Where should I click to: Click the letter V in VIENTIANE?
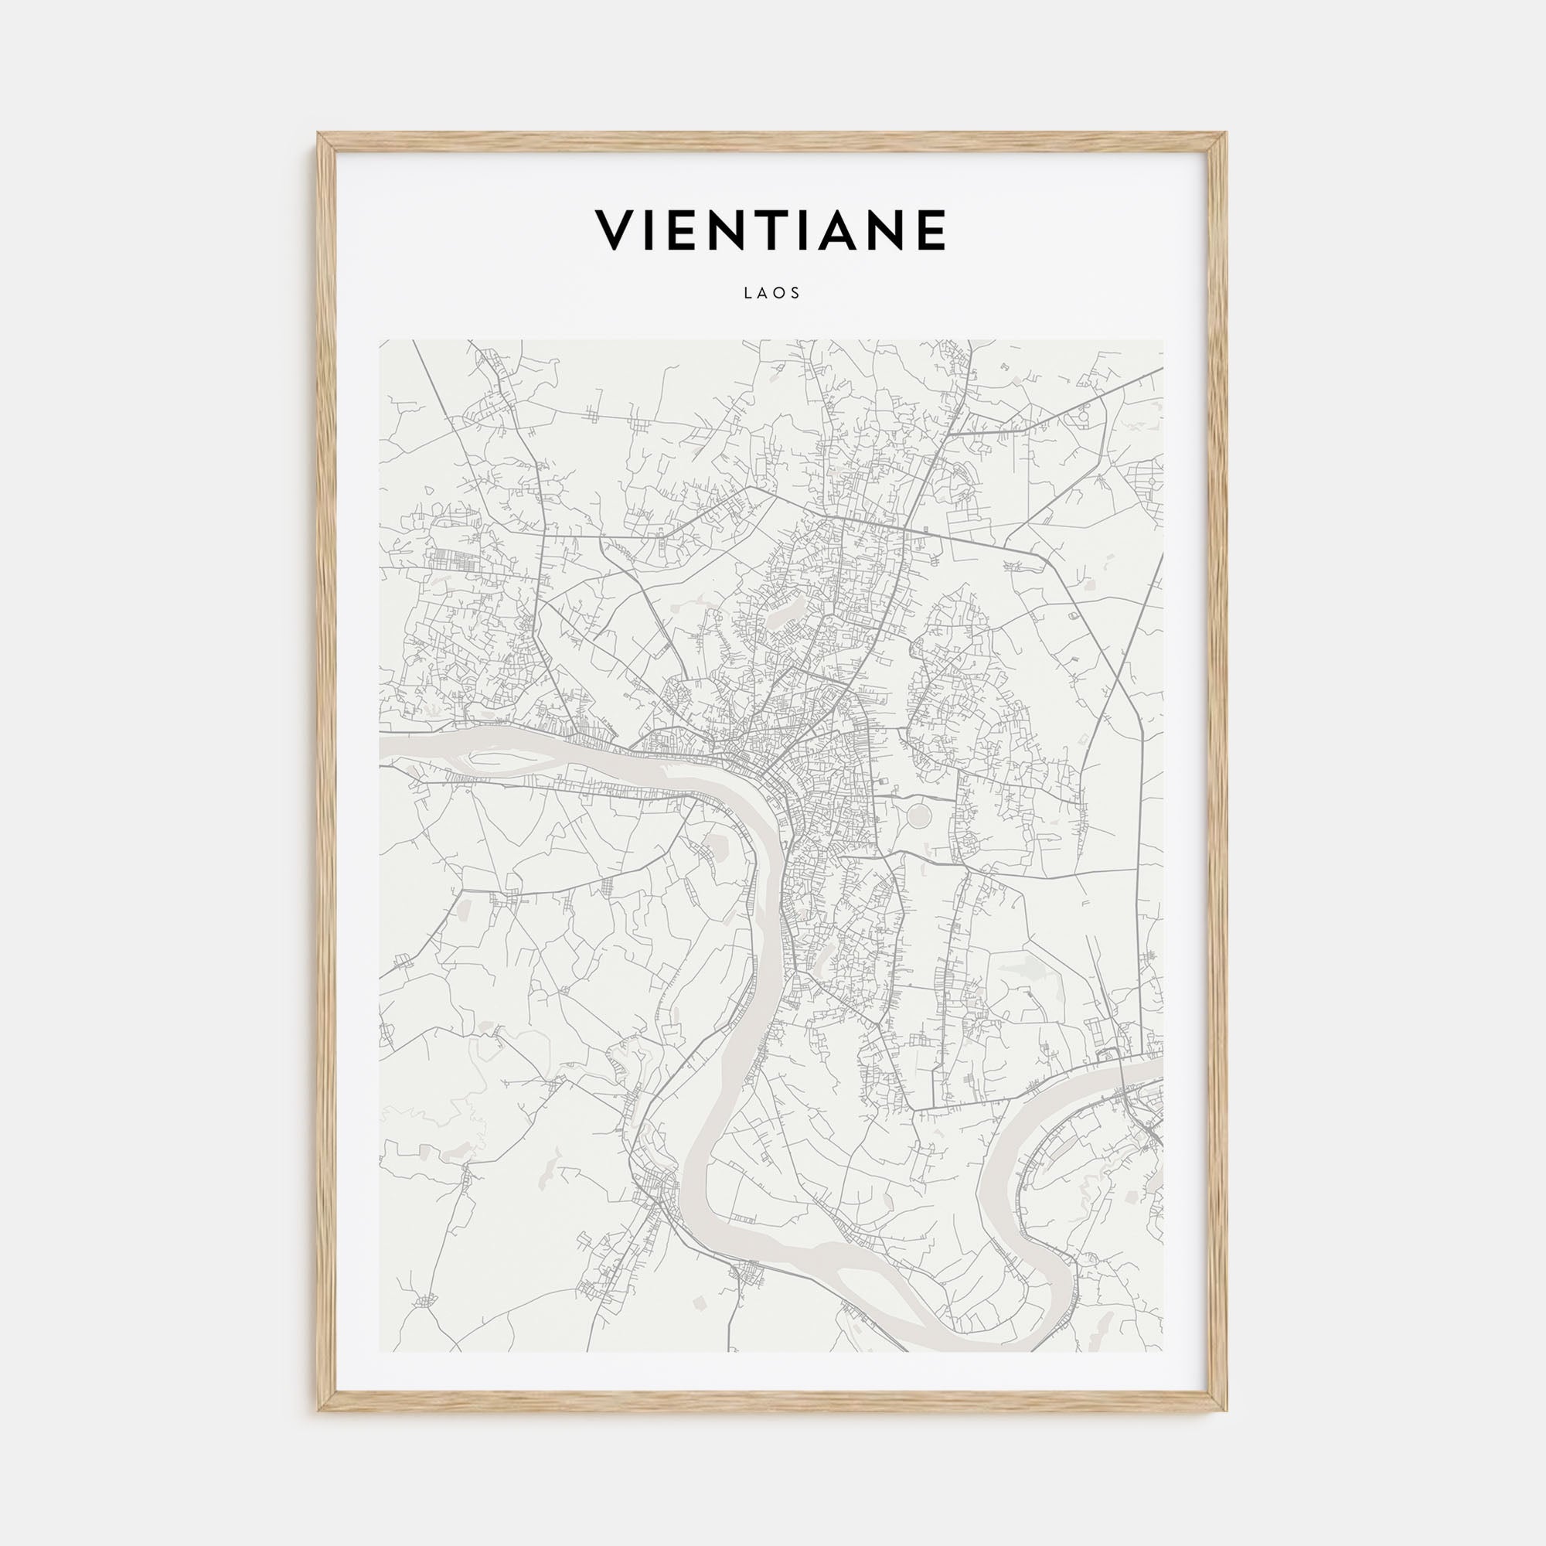tap(615, 230)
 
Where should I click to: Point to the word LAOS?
tap(772, 294)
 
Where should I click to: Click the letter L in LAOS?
tap(747, 294)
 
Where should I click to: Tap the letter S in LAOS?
tap(797, 294)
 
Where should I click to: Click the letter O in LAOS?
tap(781, 294)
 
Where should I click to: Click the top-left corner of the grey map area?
tap(380, 340)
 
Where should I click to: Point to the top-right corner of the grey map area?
tap(1163, 340)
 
